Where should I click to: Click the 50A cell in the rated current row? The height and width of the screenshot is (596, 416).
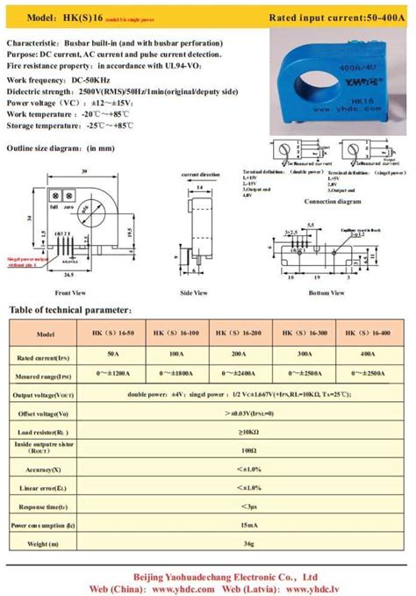pos(113,355)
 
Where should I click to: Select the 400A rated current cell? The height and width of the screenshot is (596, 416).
pos(368,355)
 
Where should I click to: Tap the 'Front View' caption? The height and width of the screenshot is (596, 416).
pos(69,292)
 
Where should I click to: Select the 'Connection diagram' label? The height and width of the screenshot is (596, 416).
pos(333,201)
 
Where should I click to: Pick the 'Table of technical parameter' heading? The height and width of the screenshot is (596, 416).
pos(70,310)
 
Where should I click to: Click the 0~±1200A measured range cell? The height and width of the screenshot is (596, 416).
pos(113,375)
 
